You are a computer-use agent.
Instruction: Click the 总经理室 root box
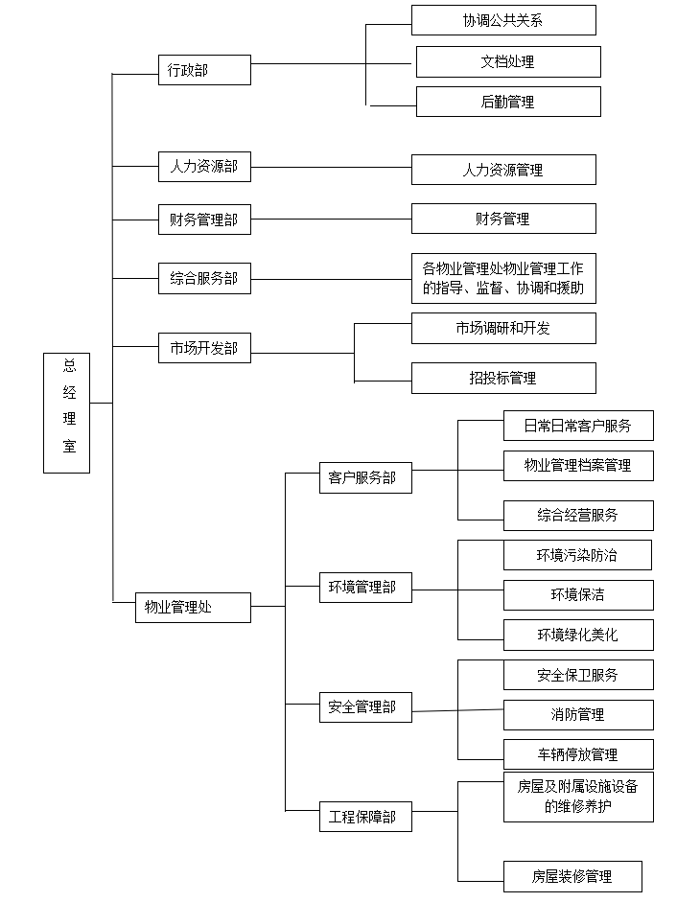tap(67, 413)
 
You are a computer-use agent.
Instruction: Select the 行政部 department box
tap(204, 70)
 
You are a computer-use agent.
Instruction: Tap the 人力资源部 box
tap(204, 167)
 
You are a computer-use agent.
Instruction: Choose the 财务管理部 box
tap(204, 220)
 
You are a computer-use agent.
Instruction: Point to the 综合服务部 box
tap(204, 278)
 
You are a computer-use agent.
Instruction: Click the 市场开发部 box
tap(204, 348)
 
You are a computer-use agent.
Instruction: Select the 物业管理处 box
tap(193, 608)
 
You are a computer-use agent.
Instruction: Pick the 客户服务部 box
tap(365, 477)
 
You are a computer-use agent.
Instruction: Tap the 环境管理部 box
tap(365, 588)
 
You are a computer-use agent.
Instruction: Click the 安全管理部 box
tap(365, 707)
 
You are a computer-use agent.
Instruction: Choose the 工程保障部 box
tap(365, 817)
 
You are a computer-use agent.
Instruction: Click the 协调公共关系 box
tap(503, 20)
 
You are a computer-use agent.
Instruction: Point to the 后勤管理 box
tap(508, 102)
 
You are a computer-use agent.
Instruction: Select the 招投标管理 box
tap(503, 378)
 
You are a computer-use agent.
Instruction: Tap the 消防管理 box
tap(578, 715)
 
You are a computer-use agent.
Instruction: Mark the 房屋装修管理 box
tap(572, 877)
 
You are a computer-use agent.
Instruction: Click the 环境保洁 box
tap(578, 595)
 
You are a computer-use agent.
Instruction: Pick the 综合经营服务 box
tap(578, 516)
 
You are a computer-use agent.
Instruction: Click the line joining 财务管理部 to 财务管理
tap(331, 220)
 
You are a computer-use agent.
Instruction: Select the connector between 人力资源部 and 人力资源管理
tap(331, 168)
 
